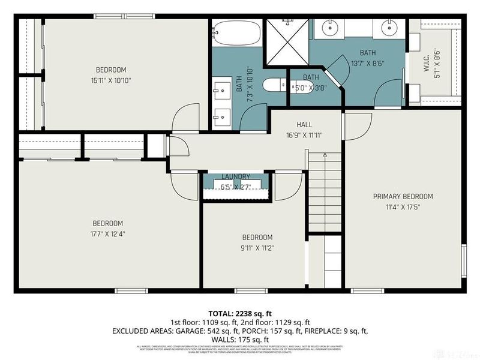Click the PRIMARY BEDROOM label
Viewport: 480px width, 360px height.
pyautogui.click(x=403, y=196)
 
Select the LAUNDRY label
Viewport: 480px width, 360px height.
pyautogui.click(x=235, y=176)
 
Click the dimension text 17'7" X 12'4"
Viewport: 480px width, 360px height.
pyautogui.click(x=107, y=234)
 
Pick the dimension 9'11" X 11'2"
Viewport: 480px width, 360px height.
pyautogui.click(x=257, y=247)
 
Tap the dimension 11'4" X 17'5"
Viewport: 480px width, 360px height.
pyautogui.click(x=403, y=207)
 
